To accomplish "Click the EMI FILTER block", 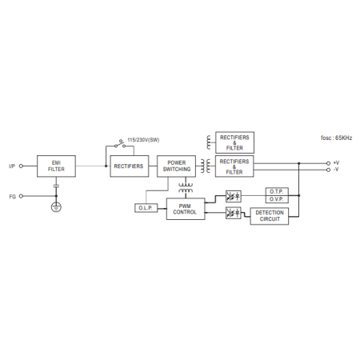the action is point(56,166).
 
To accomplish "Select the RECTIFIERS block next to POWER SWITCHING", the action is point(130,166).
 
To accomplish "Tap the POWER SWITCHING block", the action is point(176,166).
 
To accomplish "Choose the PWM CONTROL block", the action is point(186,209).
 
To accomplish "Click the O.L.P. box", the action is point(146,208).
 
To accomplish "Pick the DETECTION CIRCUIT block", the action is point(270,216).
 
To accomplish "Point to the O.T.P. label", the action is point(277,192).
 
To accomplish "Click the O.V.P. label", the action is point(277,199).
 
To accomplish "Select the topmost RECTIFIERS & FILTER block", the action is point(234,142).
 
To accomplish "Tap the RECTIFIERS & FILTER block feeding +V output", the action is point(234,166).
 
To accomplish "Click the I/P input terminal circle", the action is point(21,166).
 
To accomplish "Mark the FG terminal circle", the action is point(21,196).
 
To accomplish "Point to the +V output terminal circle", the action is point(328,163).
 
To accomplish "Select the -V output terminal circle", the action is point(328,170).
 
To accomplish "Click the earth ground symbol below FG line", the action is point(56,207).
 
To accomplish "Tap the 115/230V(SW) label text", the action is point(143,140).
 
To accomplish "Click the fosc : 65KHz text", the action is point(336,138).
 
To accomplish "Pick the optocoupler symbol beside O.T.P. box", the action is point(234,197).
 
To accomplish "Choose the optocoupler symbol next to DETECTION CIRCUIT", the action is point(234,213).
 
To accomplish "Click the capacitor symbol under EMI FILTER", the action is point(56,186).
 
